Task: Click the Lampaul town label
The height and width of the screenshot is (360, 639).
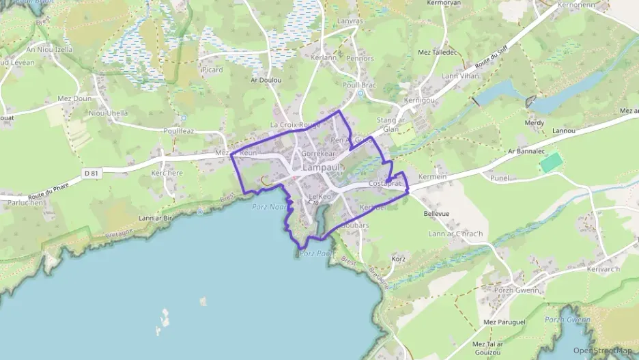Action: click(x=321, y=167)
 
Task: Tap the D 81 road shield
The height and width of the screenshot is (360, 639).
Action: click(x=91, y=174)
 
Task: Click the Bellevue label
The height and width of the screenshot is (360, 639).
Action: click(x=436, y=213)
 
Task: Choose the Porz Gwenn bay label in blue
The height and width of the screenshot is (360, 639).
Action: click(x=567, y=319)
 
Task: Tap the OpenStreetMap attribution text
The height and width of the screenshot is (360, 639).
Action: click(x=602, y=350)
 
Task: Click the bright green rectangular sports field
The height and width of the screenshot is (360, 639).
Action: click(x=552, y=163)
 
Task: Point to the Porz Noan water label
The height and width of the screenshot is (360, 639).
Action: click(x=268, y=206)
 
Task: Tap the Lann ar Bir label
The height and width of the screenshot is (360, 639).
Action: click(x=155, y=218)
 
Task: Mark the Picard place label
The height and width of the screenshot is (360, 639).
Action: click(x=212, y=70)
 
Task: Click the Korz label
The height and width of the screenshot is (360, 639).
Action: click(x=399, y=259)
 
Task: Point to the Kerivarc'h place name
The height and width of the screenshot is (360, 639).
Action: click(x=603, y=268)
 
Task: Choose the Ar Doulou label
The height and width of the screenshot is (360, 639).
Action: click(x=266, y=80)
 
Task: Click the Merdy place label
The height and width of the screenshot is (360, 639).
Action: click(x=535, y=123)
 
